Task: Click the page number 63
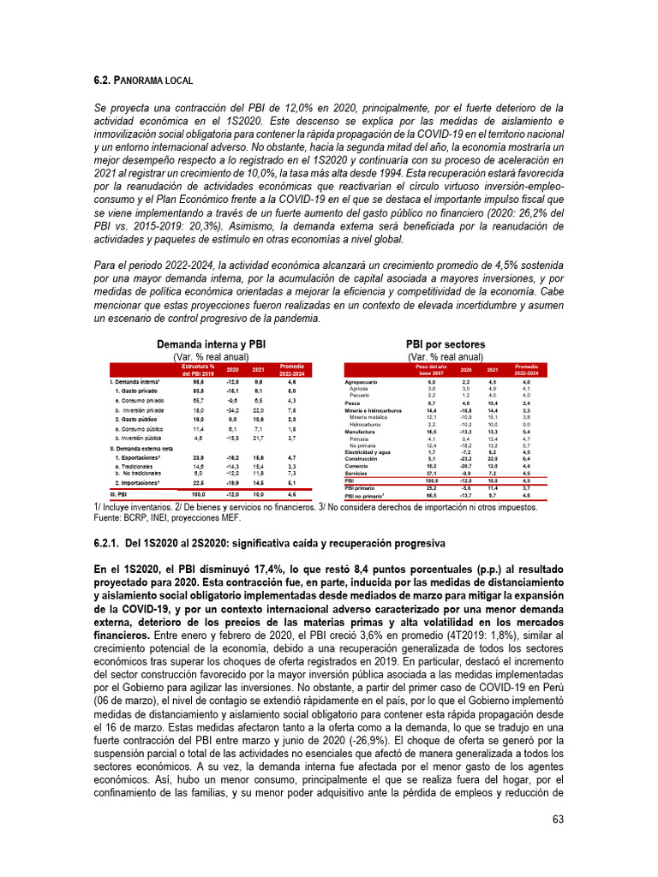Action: pos(557,820)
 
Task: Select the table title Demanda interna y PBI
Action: pos(211,344)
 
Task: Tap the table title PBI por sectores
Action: pos(445,344)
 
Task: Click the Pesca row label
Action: pos(351,402)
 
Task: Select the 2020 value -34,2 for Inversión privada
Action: pos(232,411)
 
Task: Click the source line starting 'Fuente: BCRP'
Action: pos(167,518)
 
